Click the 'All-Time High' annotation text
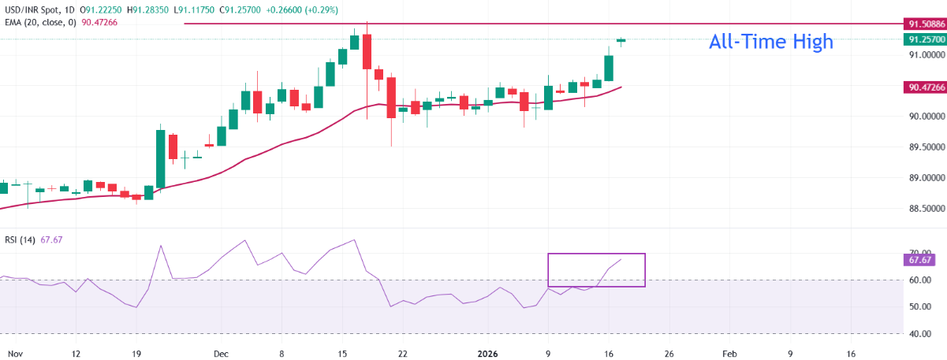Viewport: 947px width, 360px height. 770,42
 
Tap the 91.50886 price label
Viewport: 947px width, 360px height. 921,24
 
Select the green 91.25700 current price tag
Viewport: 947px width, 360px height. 921,39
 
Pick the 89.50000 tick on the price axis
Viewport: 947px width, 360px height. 920,147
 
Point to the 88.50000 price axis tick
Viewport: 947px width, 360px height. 920,209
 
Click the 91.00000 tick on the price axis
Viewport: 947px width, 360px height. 920,55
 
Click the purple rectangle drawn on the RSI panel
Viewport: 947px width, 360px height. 596,270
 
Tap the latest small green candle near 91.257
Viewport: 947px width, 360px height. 621,40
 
